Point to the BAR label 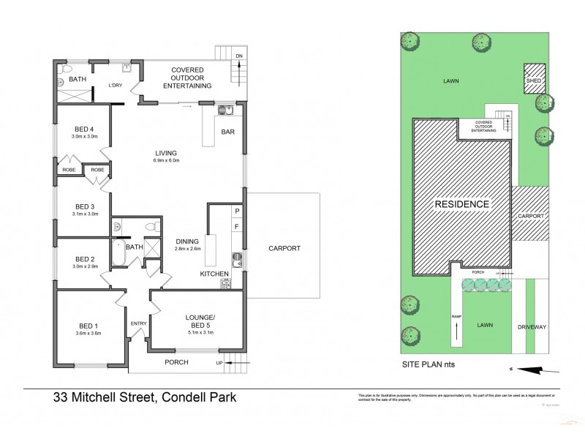tap(228, 132)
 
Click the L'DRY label tap(115, 86)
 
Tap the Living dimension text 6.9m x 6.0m tap(166, 161)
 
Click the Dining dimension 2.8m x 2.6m tap(187, 249)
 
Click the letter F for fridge tap(235, 228)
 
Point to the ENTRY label tap(137, 323)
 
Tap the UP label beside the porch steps tap(219, 362)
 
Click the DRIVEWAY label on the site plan tap(532, 326)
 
